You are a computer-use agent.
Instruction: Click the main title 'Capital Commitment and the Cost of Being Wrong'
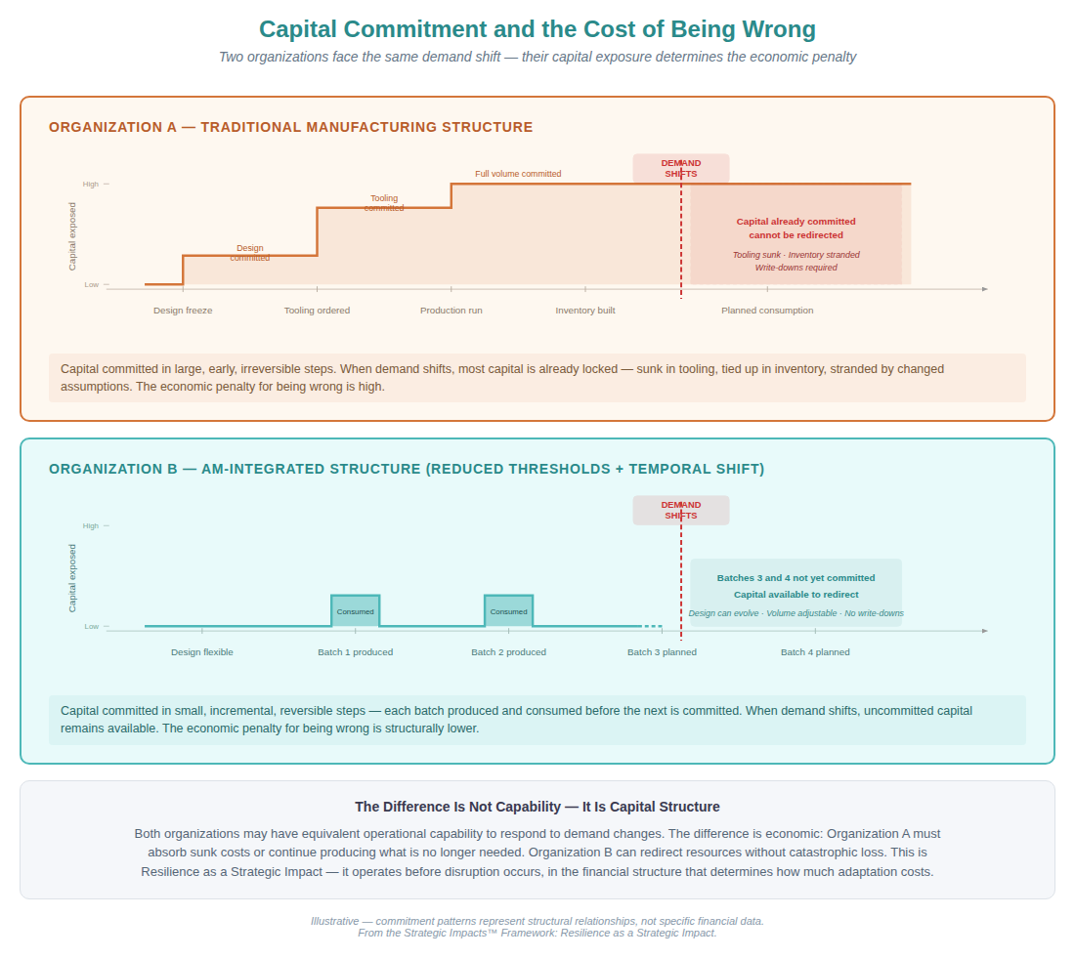pos(537,29)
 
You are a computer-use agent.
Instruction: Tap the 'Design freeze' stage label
pos(183,311)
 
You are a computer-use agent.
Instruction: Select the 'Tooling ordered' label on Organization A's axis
pos(317,311)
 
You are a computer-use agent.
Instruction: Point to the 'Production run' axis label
pos(451,311)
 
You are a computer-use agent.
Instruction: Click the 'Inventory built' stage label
pos(585,311)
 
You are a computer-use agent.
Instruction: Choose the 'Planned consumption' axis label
pos(767,311)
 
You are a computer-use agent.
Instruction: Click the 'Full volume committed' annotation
pos(518,174)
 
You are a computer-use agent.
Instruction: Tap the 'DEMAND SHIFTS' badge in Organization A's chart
pos(681,168)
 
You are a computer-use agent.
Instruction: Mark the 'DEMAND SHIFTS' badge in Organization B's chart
pos(681,510)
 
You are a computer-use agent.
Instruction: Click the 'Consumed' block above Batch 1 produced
pos(355,611)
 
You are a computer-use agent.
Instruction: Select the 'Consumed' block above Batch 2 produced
pos(508,611)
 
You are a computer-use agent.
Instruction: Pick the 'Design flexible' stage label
pos(202,652)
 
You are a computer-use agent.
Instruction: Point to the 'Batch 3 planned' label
pos(662,652)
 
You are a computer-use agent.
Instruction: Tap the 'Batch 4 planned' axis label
pos(815,652)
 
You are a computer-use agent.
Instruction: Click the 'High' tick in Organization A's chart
pos(91,184)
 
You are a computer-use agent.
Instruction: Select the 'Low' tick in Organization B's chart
pos(91,626)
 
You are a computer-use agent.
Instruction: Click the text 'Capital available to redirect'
pos(795,594)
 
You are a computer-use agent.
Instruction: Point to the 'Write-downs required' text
pos(795,268)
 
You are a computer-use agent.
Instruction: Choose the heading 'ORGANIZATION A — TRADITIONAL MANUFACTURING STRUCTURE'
pos(291,127)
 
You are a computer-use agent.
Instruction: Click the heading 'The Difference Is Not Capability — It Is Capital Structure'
pos(537,807)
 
